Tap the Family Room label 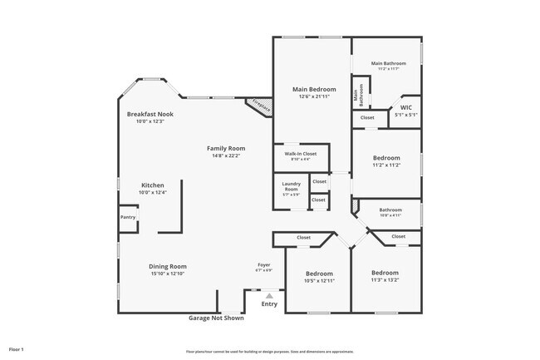pos(226,148)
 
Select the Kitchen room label pos(152,185)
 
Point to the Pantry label pos(127,217)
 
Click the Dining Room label pos(167,265)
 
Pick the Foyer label pos(263,264)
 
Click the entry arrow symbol pos(268,294)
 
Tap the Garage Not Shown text pos(216,317)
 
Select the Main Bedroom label pos(312,88)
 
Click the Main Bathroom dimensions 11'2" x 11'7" pos(388,68)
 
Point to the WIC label pos(405,107)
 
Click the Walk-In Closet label pos(301,154)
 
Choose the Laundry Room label pos(291,187)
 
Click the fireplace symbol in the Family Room pos(257,106)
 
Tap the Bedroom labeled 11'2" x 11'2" pos(386,158)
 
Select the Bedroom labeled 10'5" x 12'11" pos(319,274)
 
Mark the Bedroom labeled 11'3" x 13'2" pos(385,273)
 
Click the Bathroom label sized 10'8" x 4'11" pos(390,210)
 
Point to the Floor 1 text pos(17,349)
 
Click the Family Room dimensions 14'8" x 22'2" pos(226,155)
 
